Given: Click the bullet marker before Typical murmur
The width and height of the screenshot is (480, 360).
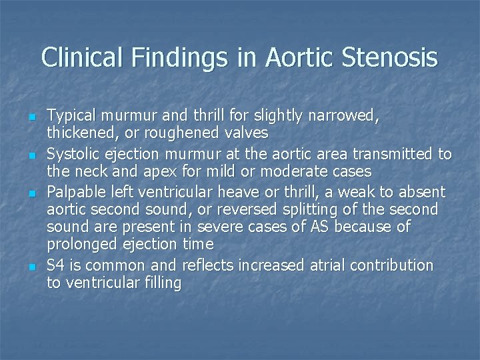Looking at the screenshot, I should (33, 117).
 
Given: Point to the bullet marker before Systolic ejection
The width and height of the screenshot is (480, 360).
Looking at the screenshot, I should (33, 155).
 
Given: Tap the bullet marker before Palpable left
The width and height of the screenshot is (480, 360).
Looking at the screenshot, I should (33, 192).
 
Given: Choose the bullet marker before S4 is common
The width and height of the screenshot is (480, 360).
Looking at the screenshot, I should (33, 267).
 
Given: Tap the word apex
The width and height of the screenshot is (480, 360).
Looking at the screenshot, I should (158, 171).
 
